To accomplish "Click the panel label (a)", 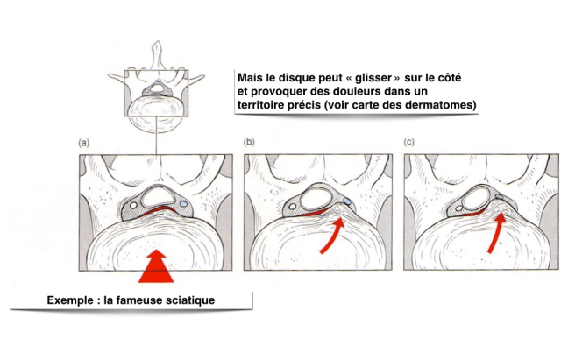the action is pos(84,144).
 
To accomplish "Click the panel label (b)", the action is pos(249,142).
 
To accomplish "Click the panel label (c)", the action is pos(409,142).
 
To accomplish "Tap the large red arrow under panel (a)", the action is pos(156,266).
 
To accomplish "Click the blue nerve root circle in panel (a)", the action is pos(183,204).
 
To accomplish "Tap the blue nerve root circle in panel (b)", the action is pos(347,201).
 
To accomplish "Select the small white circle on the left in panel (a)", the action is pos(133,206).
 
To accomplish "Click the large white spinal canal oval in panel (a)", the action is pos(157,196).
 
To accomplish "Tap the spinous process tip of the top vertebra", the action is pos(158,42).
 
